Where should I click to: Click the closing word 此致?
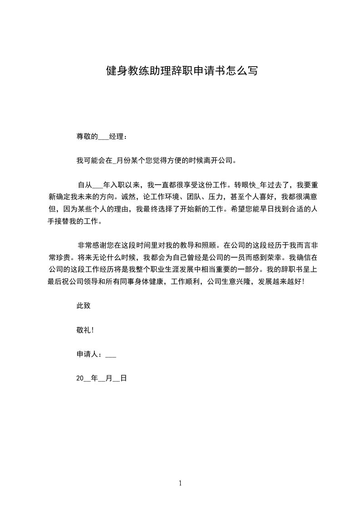pyautogui.click(x=84, y=306)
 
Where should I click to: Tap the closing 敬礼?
pyautogui.click(x=85, y=330)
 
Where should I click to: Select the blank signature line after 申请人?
pyautogui.click(x=111, y=356)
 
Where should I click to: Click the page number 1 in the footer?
pyautogui.click(x=180, y=484)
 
